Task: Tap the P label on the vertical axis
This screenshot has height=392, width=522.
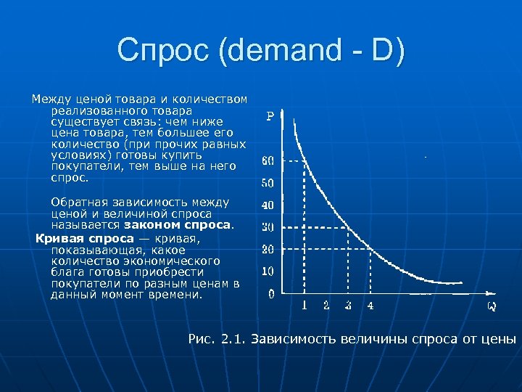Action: pos(270,116)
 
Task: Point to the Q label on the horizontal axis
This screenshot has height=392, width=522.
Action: pos(491,306)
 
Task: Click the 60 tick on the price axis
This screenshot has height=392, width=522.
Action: pos(268,160)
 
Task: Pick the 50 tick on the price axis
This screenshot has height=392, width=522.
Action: pos(268,183)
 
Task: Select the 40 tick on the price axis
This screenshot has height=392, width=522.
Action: pos(268,205)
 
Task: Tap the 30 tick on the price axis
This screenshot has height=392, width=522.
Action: pos(268,227)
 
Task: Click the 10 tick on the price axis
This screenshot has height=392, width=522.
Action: pos(268,271)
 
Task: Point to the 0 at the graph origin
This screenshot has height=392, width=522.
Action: pos(270,294)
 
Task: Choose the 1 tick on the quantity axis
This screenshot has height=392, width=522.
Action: pos(304,306)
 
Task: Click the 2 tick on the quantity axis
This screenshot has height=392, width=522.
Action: pos(326,306)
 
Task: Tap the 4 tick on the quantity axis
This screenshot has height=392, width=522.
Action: pos(370,306)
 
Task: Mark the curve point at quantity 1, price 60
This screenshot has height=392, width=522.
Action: pos(304,160)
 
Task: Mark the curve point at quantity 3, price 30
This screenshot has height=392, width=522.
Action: pos(349,227)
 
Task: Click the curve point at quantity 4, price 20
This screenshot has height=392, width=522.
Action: pos(370,249)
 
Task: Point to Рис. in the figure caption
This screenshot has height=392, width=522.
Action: pos(202,339)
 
